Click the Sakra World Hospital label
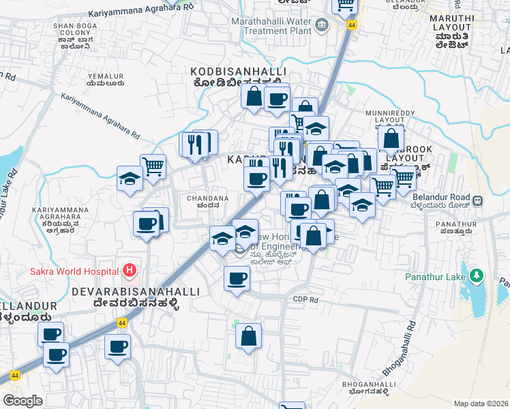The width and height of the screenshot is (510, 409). click(74, 271)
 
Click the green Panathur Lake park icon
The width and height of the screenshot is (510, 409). click(477, 276)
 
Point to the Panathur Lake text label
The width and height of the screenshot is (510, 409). click(435, 277)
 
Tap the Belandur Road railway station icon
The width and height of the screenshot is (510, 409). click(478, 201)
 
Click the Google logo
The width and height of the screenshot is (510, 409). click(22, 401)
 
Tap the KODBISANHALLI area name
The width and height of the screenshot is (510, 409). click(238, 72)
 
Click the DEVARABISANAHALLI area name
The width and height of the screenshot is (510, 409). click(136, 291)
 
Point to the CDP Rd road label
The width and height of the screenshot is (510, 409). click(305, 299)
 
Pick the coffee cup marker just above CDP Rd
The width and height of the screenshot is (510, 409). click(237, 278)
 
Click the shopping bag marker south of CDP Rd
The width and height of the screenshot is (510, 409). click(249, 336)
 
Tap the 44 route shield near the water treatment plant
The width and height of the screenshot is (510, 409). click(352, 25)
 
